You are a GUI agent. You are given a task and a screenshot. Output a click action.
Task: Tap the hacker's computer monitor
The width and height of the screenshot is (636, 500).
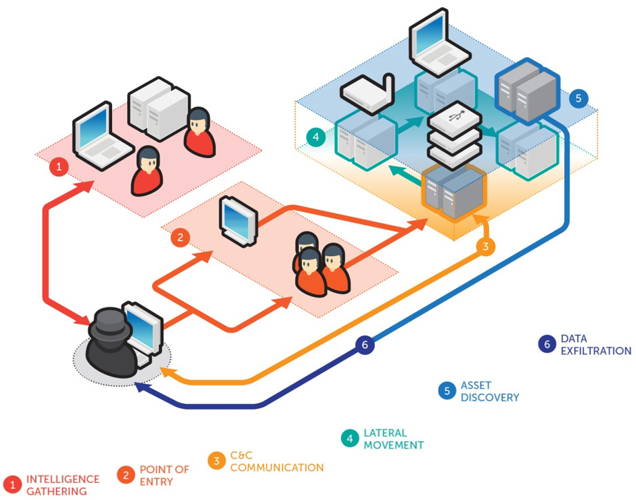(x=143, y=327)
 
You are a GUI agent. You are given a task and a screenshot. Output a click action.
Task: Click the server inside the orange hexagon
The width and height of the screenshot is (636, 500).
(x=453, y=193)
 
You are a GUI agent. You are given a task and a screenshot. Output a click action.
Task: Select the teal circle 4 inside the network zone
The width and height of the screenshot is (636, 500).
(x=316, y=137)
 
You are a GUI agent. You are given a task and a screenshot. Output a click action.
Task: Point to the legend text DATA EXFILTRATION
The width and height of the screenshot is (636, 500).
(x=595, y=345)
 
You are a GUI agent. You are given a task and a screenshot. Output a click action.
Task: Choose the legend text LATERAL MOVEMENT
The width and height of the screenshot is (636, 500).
(x=393, y=439)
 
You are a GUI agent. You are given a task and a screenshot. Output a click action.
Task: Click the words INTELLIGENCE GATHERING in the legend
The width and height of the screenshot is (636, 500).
(x=62, y=485)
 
